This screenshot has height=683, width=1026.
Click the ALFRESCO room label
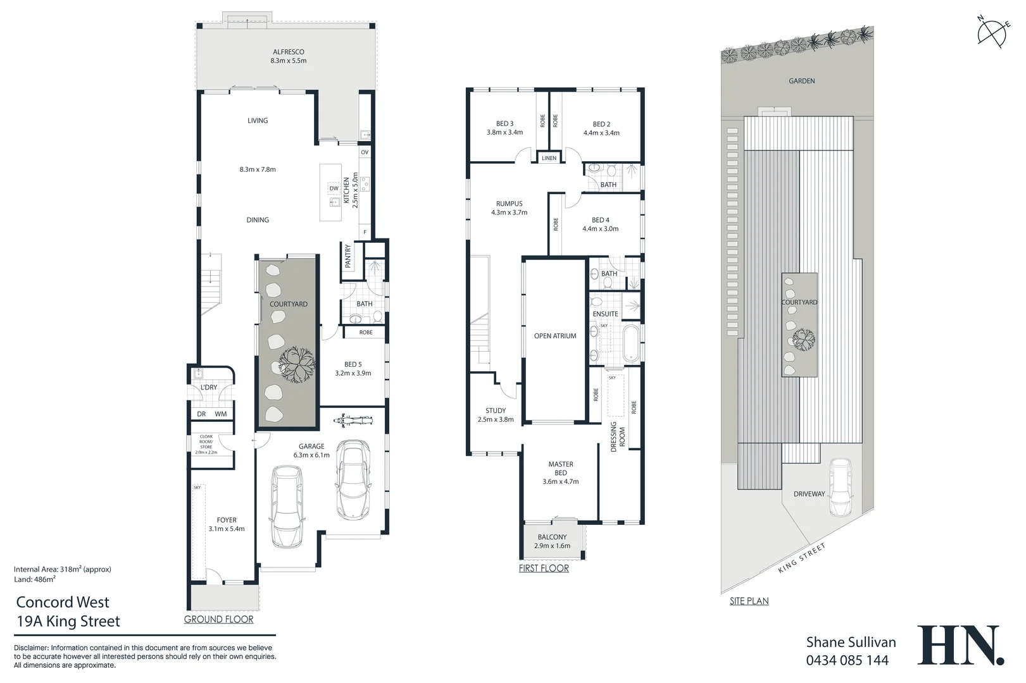point(289,52)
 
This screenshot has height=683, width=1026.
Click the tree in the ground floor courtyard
point(297,363)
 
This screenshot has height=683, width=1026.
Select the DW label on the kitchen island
point(334,188)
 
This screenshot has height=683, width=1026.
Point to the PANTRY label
point(347,257)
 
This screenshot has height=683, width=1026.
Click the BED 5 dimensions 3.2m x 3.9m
point(353,373)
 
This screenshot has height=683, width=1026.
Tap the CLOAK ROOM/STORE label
point(206,442)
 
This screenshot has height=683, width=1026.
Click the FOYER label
point(227,520)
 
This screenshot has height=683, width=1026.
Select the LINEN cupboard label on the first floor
point(549,158)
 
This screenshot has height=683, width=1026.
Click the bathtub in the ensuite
point(632,343)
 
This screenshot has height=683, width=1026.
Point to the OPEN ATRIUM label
point(555,336)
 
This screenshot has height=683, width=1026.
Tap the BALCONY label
point(552,537)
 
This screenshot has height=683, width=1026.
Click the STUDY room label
point(496,410)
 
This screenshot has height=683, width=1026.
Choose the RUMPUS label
point(509,204)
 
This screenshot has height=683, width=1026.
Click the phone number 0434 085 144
point(847,660)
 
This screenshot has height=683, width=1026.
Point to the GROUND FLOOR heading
point(218,619)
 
